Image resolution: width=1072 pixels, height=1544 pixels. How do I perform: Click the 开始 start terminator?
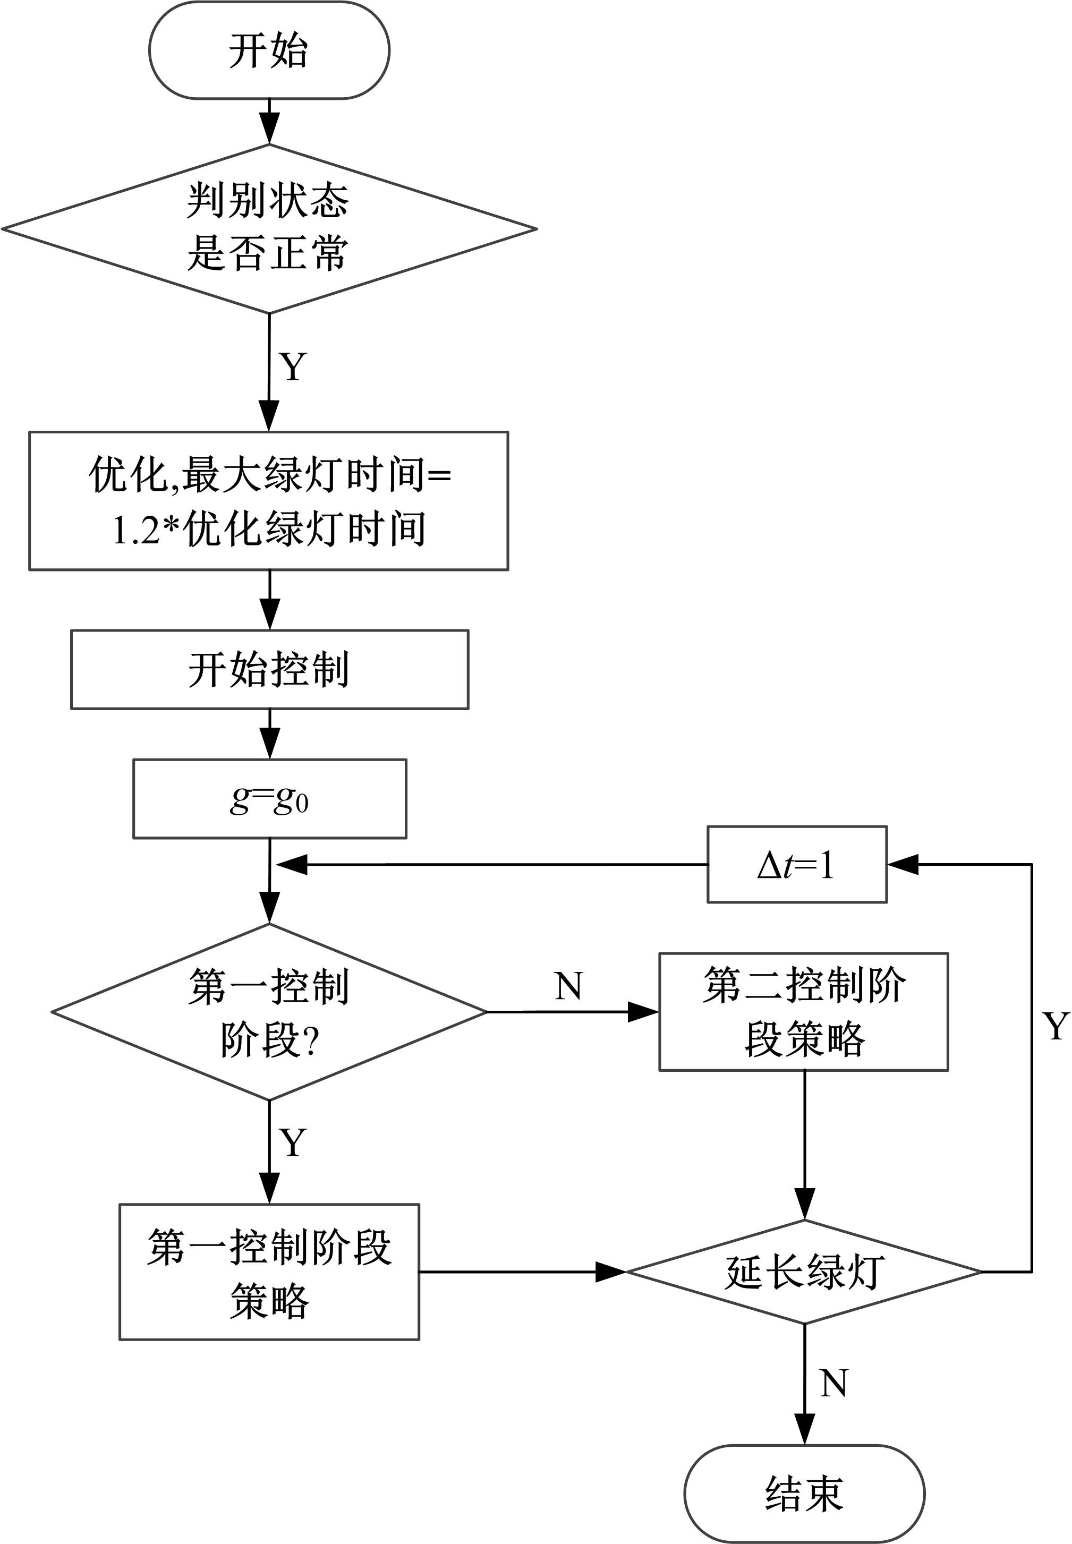tap(269, 50)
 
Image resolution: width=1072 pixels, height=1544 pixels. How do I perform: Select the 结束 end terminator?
tap(804, 1493)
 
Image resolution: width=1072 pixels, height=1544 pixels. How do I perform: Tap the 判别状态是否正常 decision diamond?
tap(269, 228)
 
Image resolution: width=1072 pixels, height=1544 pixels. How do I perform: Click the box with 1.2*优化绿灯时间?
tap(269, 501)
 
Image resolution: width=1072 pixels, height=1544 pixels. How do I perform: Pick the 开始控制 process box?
tap(269, 670)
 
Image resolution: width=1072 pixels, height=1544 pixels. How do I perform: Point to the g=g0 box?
tap(269, 798)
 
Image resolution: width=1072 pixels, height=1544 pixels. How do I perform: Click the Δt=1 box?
tap(797, 864)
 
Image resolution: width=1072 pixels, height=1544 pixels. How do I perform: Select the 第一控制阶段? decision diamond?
tap(269, 1012)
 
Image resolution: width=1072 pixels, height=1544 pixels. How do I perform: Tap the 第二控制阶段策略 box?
tap(803, 1011)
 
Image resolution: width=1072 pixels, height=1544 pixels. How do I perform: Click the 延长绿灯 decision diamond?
tap(804, 1272)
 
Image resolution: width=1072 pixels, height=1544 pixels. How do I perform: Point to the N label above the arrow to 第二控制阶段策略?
tap(568, 986)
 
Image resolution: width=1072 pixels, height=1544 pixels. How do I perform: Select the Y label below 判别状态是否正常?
tap(293, 366)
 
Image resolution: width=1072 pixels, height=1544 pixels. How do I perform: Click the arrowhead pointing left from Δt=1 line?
tap(292, 865)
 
